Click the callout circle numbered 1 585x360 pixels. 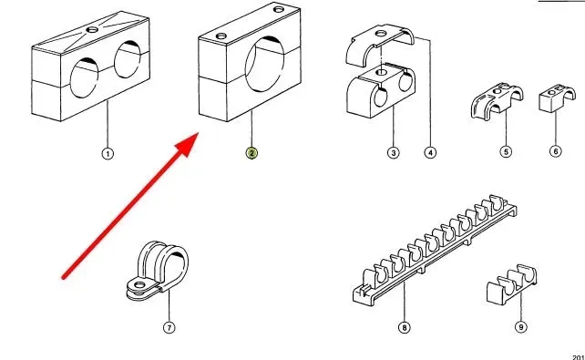point(108,154)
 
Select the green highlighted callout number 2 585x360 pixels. point(251,153)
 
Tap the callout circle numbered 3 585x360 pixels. point(394,152)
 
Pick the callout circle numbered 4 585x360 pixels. point(430,152)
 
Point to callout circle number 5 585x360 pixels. point(507,152)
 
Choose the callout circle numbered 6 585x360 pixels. point(556,151)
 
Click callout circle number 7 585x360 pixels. point(169,327)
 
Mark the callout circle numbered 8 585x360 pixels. point(405,327)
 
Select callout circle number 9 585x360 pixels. point(521,327)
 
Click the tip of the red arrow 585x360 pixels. point(198,133)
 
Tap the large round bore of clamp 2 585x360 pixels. point(264,64)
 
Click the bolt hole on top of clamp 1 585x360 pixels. point(92,29)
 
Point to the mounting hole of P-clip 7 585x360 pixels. point(139,285)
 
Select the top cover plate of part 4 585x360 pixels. point(380,44)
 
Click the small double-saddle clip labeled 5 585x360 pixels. point(497,101)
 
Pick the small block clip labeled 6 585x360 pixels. point(557,98)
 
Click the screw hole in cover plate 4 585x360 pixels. point(381,34)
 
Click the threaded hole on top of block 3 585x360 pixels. point(381,72)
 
